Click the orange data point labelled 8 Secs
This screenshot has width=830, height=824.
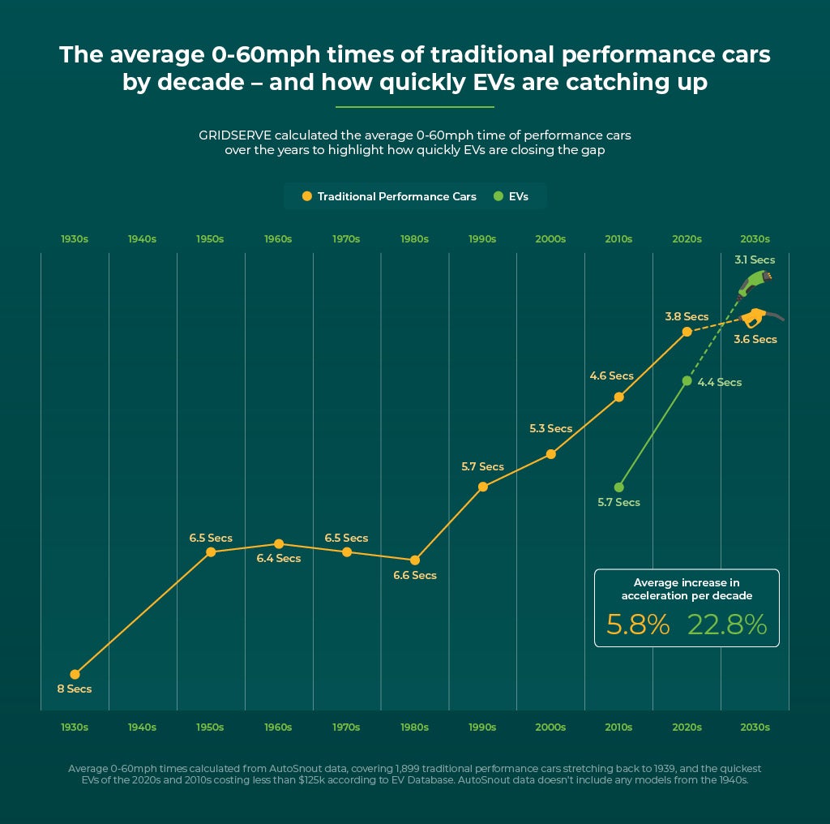[x=75, y=674]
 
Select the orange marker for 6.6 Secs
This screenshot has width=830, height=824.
[x=415, y=560]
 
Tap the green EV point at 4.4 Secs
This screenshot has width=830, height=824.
[x=687, y=380]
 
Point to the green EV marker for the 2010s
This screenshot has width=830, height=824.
[x=619, y=487]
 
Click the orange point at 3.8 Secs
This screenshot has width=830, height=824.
[x=687, y=332]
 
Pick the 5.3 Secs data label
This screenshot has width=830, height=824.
[x=550, y=428]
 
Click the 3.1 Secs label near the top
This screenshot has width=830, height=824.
[x=754, y=260]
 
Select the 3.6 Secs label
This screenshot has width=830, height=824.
[x=755, y=339]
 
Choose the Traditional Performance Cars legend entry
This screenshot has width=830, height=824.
[x=389, y=196]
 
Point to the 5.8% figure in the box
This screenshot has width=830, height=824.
[x=638, y=624]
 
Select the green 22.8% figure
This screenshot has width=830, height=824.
[x=726, y=624]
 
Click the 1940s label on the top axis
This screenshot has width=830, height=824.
[x=143, y=239]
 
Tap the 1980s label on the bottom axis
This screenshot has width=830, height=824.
[x=415, y=727]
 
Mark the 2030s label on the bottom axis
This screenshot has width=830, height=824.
[x=755, y=727]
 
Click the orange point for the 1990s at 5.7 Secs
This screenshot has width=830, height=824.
[x=483, y=487]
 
